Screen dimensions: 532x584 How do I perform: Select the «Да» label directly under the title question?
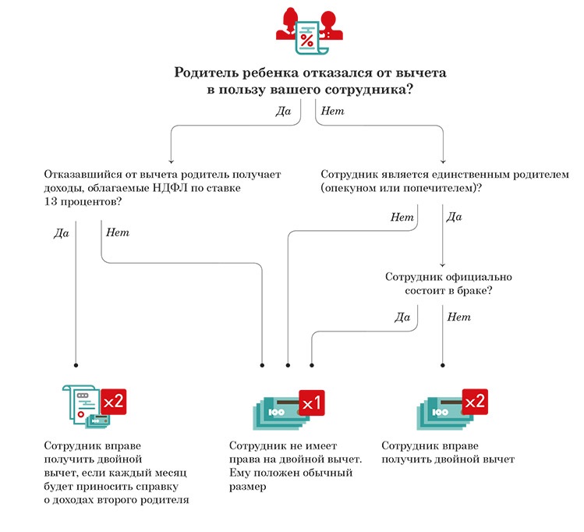[x=283, y=112]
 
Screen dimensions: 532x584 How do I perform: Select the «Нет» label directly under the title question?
[x=332, y=112]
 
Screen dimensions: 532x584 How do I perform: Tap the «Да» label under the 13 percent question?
[x=62, y=232]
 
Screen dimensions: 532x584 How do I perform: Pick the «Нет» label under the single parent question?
[x=402, y=217]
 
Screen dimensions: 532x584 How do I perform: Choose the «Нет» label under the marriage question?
[x=459, y=317]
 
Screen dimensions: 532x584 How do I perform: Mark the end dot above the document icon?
[x=76, y=364]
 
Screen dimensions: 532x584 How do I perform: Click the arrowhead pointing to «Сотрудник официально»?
[x=443, y=265]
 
